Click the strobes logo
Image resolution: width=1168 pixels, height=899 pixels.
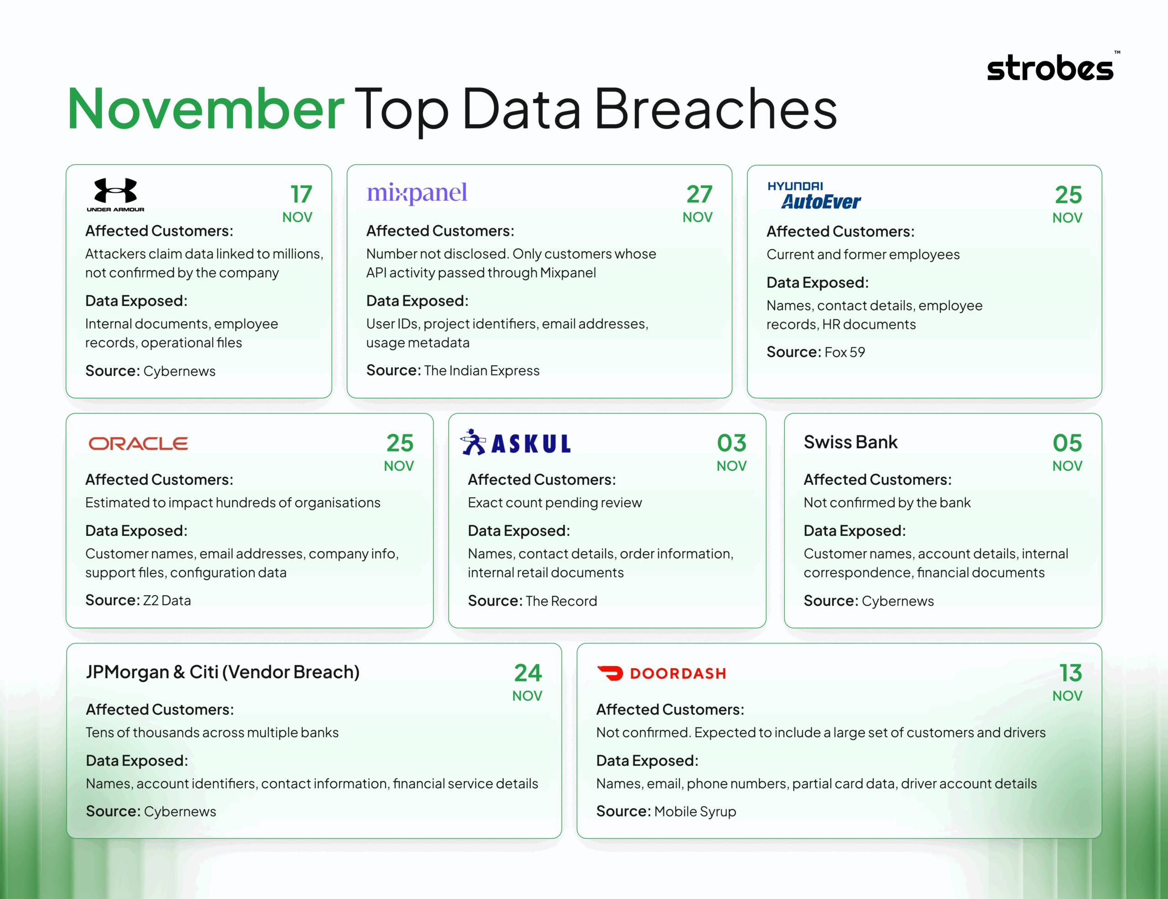pyautogui.click(x=1050, y=68)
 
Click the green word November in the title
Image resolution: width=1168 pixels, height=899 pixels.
pyautogui.click(x=205, y=109)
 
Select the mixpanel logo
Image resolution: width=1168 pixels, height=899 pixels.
pyautogui.click(x=417, y=192)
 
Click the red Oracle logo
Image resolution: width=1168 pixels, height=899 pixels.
pyautogui.click(x=138, y=444)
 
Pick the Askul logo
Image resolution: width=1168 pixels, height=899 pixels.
pyautogui.click(x=516, y=443)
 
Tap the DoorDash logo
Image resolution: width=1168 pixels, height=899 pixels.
pyautogui.click(x=662, y=673)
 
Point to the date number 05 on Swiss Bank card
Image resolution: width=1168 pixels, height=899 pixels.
pyautogui.click(x=1067, y=443)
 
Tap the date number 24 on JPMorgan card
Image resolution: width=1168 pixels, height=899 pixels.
pyautogui.click(x=528, y=673)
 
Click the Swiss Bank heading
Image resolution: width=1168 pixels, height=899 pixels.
pyautogui.click(x=850, y=442)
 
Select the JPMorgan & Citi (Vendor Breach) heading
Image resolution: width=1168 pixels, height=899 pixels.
pyautogui.click(x=223, y=672)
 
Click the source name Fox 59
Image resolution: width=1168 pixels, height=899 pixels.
pyautogui.click(x=845, y=352)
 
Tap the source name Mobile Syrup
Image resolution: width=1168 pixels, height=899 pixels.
pyautogui.click(x=695, y=811)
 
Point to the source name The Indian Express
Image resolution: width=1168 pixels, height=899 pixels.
pyautogui.click(x=481, y=370)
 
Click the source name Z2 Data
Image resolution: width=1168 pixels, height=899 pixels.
pyautogui.click(x=167, y=601)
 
